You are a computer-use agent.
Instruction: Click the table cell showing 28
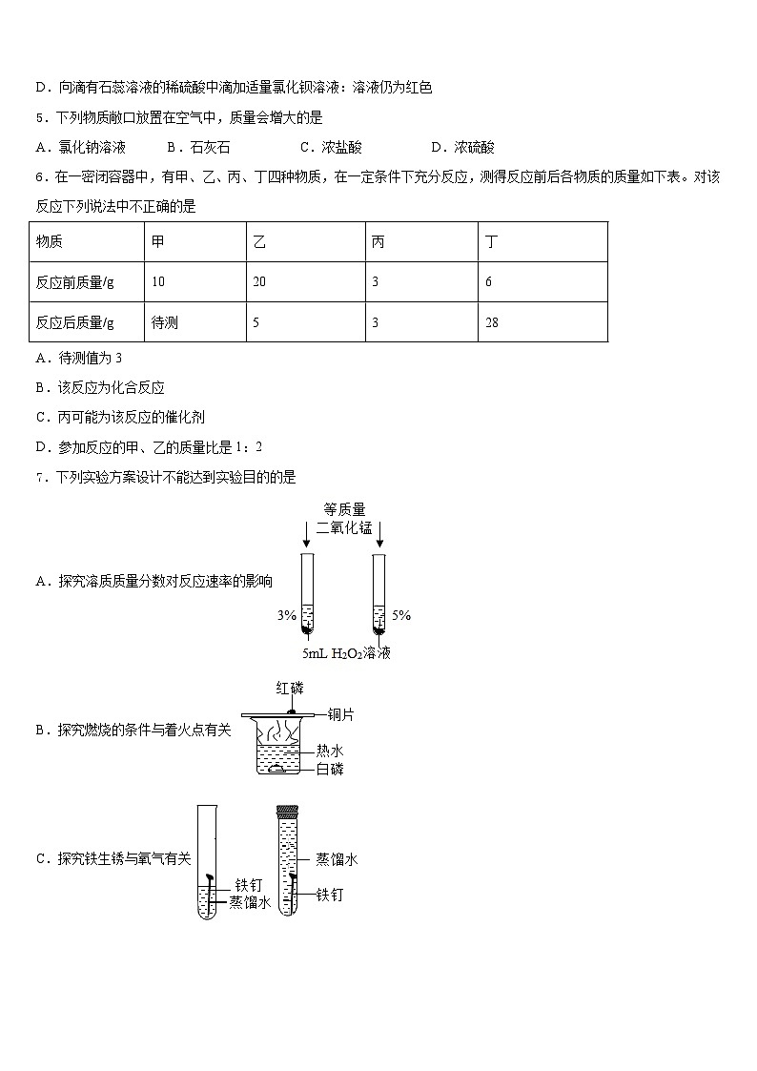click(x=492, y=322)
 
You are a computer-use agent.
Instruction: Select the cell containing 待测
click(x=165, y=322)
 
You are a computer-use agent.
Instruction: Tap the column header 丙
click(x=378, y=242)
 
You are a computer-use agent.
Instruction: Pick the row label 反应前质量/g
click(x=75, y=282)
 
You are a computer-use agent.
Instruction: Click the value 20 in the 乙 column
click(x=259, y=282)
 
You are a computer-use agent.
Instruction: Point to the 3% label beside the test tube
click(x=286, y=616)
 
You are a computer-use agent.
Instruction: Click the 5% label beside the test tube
click(x=401, y=616)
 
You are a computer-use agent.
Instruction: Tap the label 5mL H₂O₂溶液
click(x=346, y=654)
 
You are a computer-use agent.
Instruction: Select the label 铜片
click(x=340, y=714)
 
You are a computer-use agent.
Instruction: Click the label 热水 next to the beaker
click(x=329, y=752)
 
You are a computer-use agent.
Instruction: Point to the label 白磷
click(x=329, y=769)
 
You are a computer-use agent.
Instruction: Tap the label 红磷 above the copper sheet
click(x=290, y=687)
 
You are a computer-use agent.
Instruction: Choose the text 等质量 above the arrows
click(x=344, y=510)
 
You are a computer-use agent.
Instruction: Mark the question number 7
click(x=40, y=478)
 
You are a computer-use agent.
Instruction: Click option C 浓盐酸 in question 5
click(x=330, y=148)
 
